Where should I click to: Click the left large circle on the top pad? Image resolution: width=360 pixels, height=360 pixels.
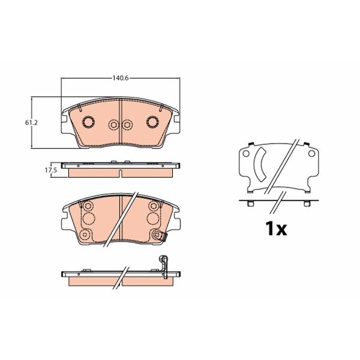point(88,122)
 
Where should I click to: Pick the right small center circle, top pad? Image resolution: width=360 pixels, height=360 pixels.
point(127,125)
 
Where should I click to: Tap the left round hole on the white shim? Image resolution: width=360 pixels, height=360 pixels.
point(247,154)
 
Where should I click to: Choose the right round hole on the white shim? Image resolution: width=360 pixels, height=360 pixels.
point(311,154)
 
